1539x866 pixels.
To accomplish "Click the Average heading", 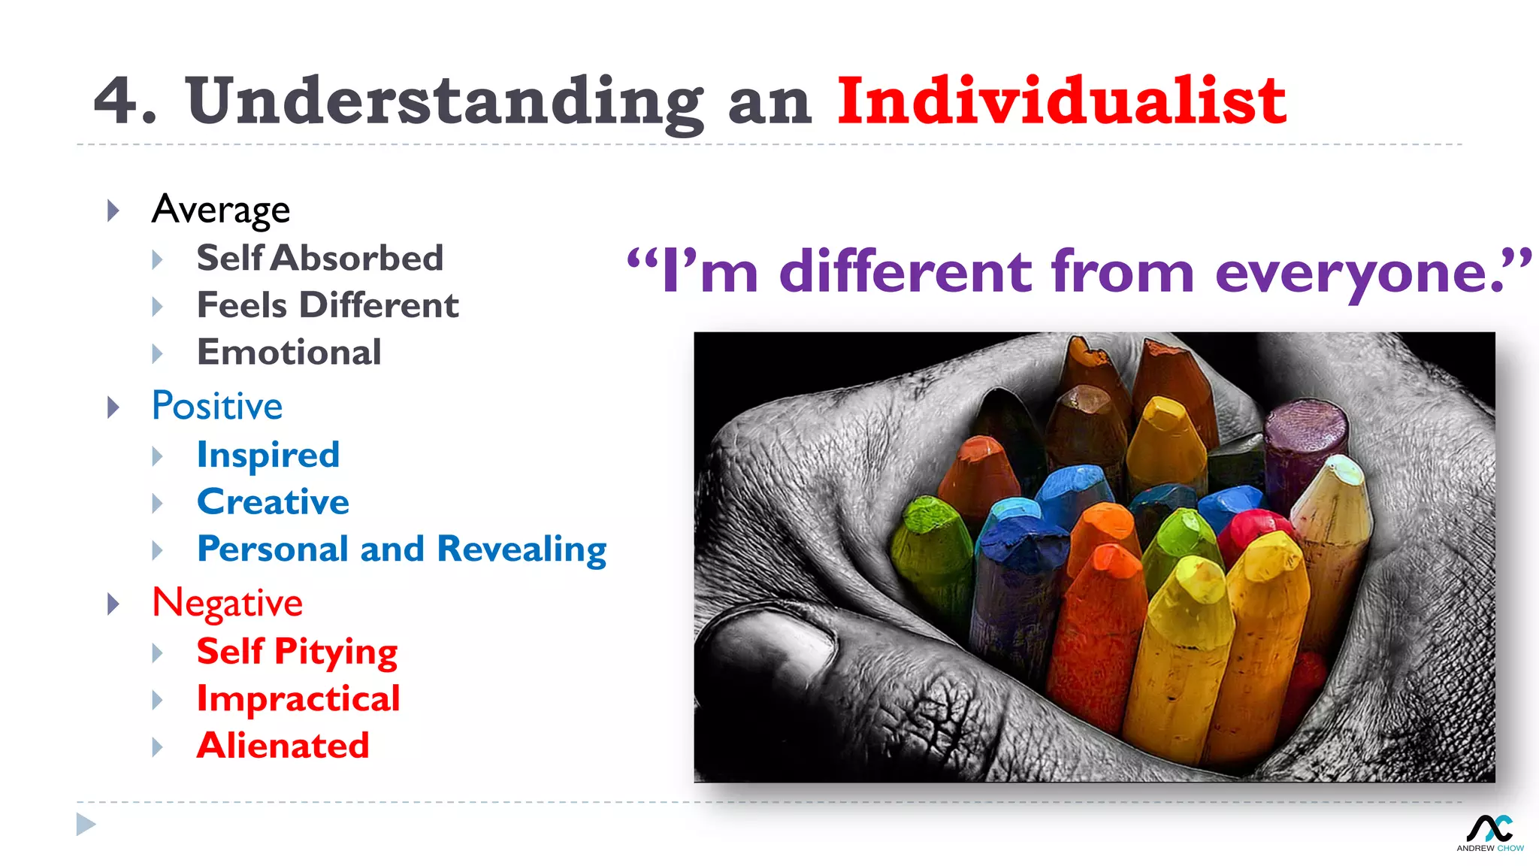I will [x=220, y=210].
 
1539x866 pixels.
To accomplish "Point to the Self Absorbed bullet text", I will [x=320, y=259].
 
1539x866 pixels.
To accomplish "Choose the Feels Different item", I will [x=328, y=306].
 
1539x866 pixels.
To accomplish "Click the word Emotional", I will [x=289, y=353].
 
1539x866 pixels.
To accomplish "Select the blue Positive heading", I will [x=217, y=407].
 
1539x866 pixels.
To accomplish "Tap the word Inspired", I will [x=268, y=456].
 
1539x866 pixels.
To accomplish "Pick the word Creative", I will [x=273, y=502].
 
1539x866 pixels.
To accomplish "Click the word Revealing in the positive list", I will [x=522, y=550].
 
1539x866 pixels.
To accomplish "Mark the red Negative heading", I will [x=227, y=604].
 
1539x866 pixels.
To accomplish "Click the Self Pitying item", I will [x=297, y=652].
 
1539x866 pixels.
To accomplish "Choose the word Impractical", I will [x=298, y=699].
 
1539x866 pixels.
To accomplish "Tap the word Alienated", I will [x=283, y=746].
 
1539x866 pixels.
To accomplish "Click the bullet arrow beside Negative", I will [x=113, y=604].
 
